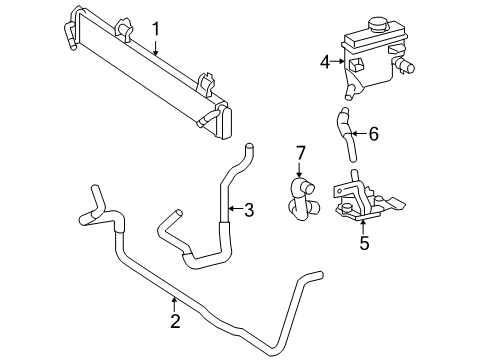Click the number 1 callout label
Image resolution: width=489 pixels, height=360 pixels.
click(155, 29)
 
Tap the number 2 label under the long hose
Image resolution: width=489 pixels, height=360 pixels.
click(175, 321)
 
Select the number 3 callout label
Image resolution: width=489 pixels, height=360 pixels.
click(248, 209)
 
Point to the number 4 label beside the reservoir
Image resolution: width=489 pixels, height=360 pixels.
click(324, 62)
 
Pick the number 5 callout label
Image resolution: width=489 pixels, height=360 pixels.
click(365, 241)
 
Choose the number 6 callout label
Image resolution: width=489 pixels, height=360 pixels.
click(374, 134)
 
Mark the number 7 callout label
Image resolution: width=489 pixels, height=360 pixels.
click(299, 152)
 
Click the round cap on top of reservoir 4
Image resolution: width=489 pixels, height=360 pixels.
click(380, 25)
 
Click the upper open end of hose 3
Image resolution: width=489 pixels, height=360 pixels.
click(243, 149)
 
